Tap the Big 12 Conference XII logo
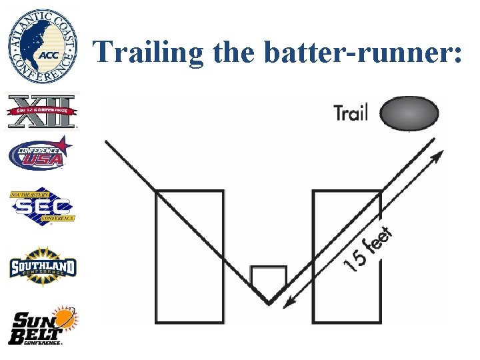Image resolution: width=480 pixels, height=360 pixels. tap(42, 110)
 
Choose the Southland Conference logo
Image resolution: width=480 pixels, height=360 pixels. tap(42, 267)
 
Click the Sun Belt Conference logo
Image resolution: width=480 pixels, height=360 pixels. tap(43, 325)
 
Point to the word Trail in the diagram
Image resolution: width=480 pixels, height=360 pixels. tap(351, 113)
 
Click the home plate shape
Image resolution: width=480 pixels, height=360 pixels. tap(269, 280)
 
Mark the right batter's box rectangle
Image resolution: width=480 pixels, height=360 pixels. tap(347, 257)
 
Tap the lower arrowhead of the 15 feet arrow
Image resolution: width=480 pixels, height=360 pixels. tap(288, 304)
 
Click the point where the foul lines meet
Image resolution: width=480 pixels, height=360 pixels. tap(269, 303)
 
